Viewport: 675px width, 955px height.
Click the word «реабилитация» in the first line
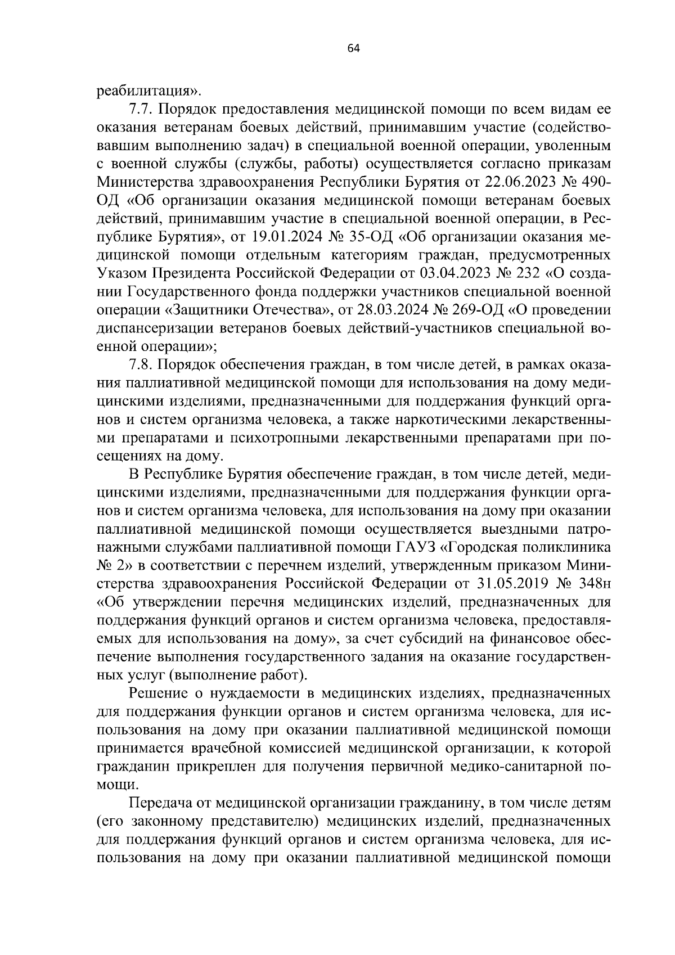click(x=147, y=91)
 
